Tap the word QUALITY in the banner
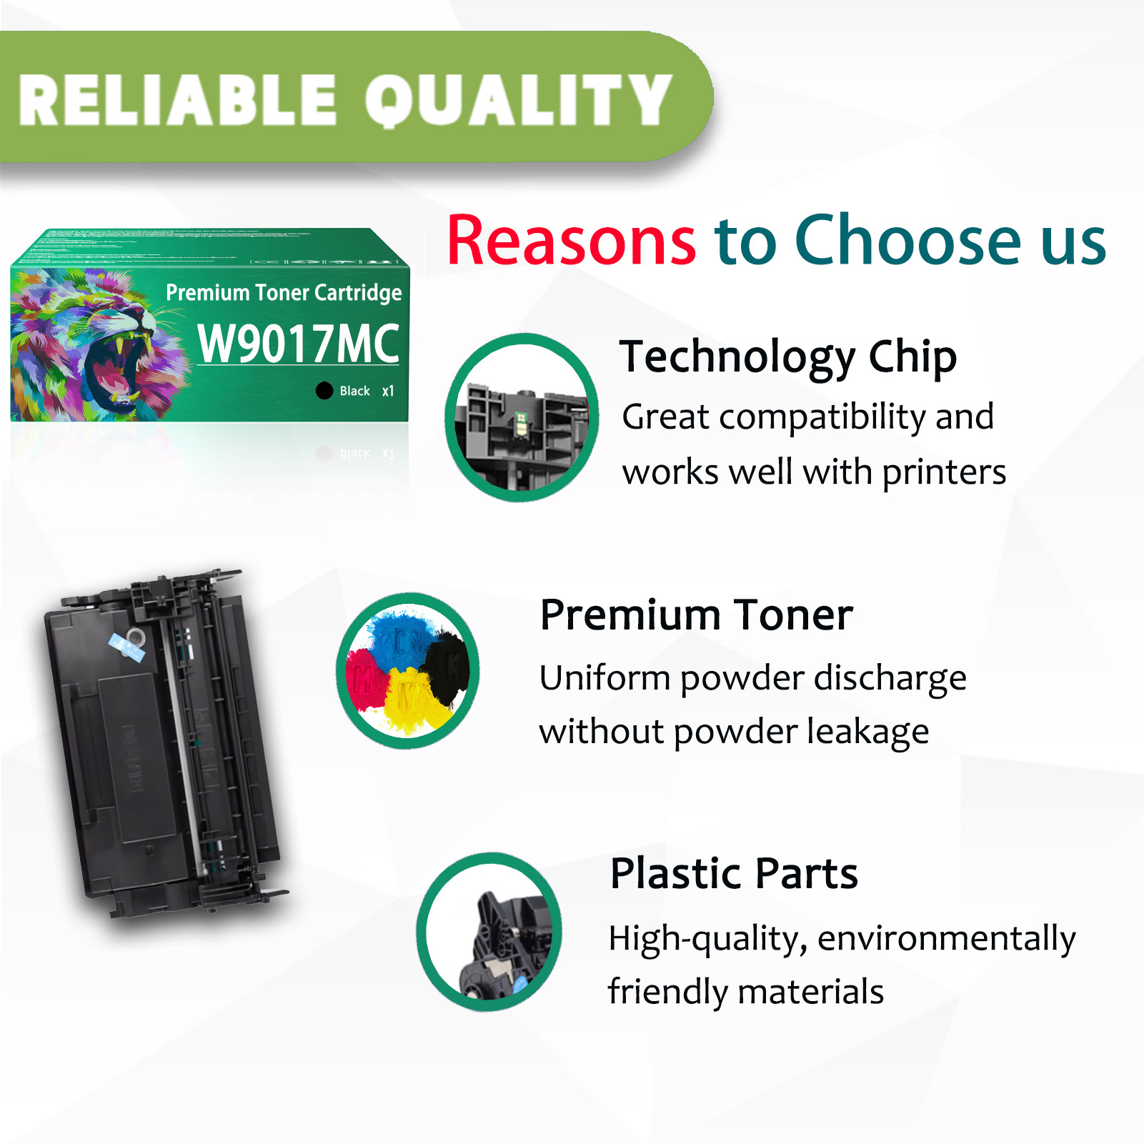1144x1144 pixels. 519,101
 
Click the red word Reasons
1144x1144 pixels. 571,241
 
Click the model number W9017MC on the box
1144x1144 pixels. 298,344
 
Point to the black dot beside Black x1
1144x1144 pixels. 324,390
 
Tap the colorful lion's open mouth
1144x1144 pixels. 114,368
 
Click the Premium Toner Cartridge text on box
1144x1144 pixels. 284,292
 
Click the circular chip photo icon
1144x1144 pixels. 522,418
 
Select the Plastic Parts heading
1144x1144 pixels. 734,873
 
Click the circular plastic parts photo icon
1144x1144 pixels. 489,932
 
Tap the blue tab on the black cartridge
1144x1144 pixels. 127,647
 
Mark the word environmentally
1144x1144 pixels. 946,938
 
